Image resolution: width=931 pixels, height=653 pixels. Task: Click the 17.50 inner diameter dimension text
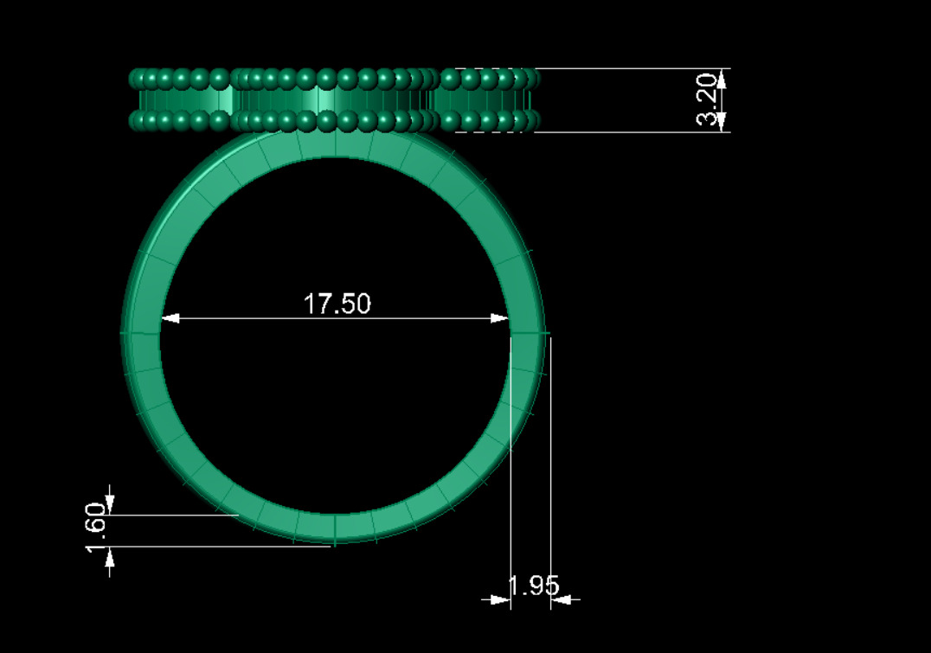click(x=337, y=304)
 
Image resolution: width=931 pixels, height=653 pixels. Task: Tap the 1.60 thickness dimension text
click(x=96, y=530)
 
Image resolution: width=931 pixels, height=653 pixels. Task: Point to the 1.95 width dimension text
click(x=533, y=586)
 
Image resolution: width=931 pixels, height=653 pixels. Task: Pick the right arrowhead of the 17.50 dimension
click(x=499, y=318)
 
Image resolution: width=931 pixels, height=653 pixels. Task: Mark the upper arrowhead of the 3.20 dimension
click(x=722, y=79)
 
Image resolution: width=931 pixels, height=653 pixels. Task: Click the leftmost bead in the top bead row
click(x=137, y=80)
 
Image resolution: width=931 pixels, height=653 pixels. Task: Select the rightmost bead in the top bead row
click(x=531, y=80)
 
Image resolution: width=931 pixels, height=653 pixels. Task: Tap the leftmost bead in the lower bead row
click(x=137, y=120)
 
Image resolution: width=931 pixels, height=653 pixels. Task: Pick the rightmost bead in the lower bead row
click(x=531, y=120)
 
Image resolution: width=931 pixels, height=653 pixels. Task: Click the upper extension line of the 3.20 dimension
click(x=632, y=68)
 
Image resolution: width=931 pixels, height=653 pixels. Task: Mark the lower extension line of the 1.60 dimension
click(x=216, y=547)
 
